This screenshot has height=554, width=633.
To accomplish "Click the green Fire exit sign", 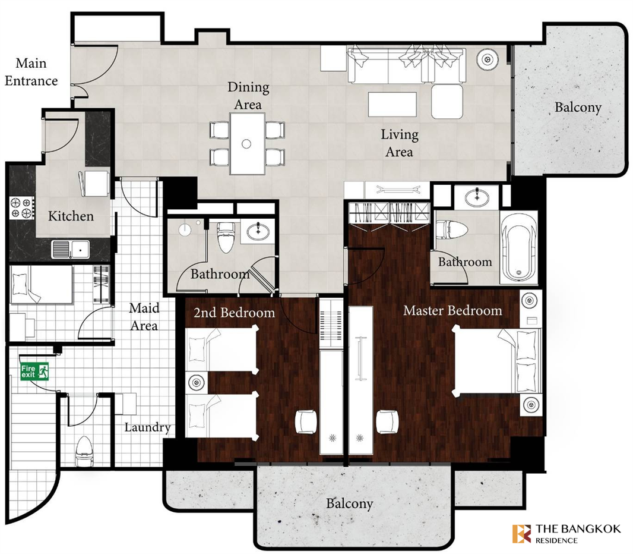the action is pyautogui.click(x=34, y=372).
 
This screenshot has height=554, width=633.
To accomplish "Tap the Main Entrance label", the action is pyautogui.click(x=31, y=72).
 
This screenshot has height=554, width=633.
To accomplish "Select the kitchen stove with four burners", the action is pyautogui.click(x=22, y=207).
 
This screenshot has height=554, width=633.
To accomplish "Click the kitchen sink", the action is pyautogui.click(x=70, y=249).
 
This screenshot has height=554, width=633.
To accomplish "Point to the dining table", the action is pyautogui.click(x=247, y=143).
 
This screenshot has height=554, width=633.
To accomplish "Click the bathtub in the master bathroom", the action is pyautogui.click(x=519, y=247).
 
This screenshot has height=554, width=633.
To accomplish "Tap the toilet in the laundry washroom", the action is pyautogui.click(x=84, y=451).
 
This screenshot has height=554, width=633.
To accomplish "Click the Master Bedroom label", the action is pyautogui.click(x=452, y=310).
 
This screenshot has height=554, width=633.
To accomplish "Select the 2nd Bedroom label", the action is pyautogui.click(x=234, y=312).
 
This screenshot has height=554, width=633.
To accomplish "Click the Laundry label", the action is pyautogui.click(x=147, y=427).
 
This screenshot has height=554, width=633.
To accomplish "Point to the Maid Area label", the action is pyautogui.click(x=144, y=317).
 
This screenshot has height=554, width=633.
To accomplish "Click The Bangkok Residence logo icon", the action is pyautogui.click(x=521, y=533).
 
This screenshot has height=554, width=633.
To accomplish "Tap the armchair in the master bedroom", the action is pyautogui.click(x=387, y=422).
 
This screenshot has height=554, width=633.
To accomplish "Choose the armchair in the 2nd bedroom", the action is pyautogui.click(x=306, y=422).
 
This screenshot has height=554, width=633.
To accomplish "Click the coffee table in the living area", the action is pyautogui.click(x=392, y=104).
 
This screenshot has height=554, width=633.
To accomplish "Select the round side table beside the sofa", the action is pyautogui.click(x=488, y=59).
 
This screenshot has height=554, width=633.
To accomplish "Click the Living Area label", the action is pyautogui.click(x=399, y=143).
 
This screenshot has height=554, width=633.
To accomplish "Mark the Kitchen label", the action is pyautogui.click(x=71, y=216).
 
